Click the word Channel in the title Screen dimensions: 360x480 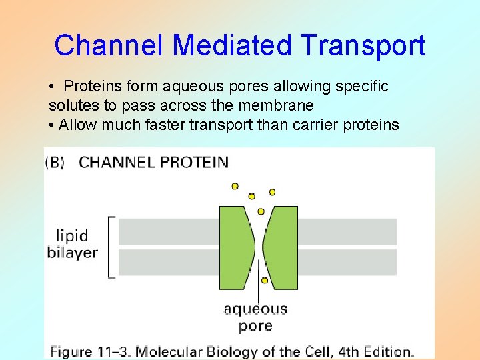[110, 46]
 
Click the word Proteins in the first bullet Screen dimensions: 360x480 [93, 87]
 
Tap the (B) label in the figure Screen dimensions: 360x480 [55, 162]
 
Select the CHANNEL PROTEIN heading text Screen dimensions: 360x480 [153, 162]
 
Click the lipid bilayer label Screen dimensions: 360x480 [72, 244]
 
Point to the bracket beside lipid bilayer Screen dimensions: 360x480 [111, 246]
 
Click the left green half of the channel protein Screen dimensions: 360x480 [235, 246]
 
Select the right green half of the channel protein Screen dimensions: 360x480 [283, 246]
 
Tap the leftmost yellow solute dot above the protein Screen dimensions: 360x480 [235, 186]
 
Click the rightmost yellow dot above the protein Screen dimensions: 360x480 [272, 192]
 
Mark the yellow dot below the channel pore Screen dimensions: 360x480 [265, 281]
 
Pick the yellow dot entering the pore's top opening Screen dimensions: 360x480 [261, 211]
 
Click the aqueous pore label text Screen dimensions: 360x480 [255, 317]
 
